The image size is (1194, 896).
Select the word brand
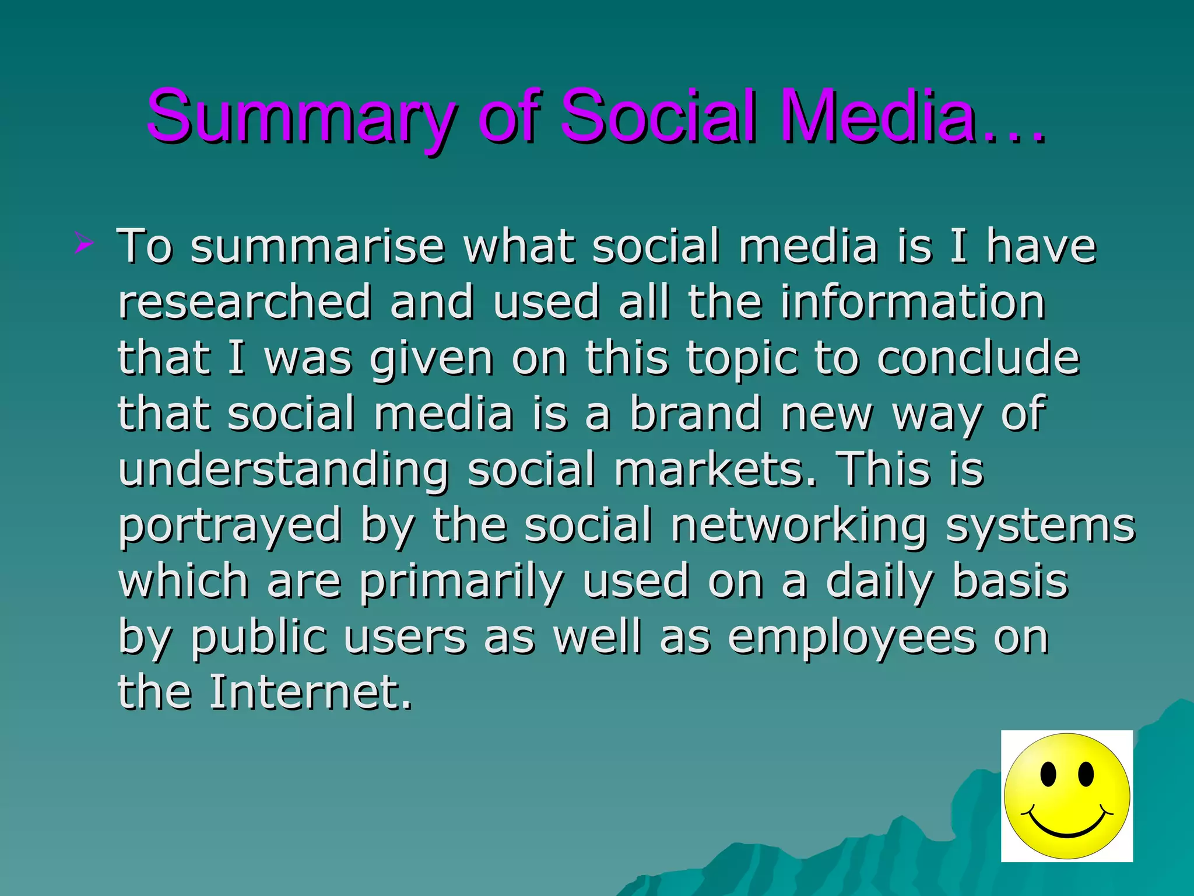click(x=695, y=414)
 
